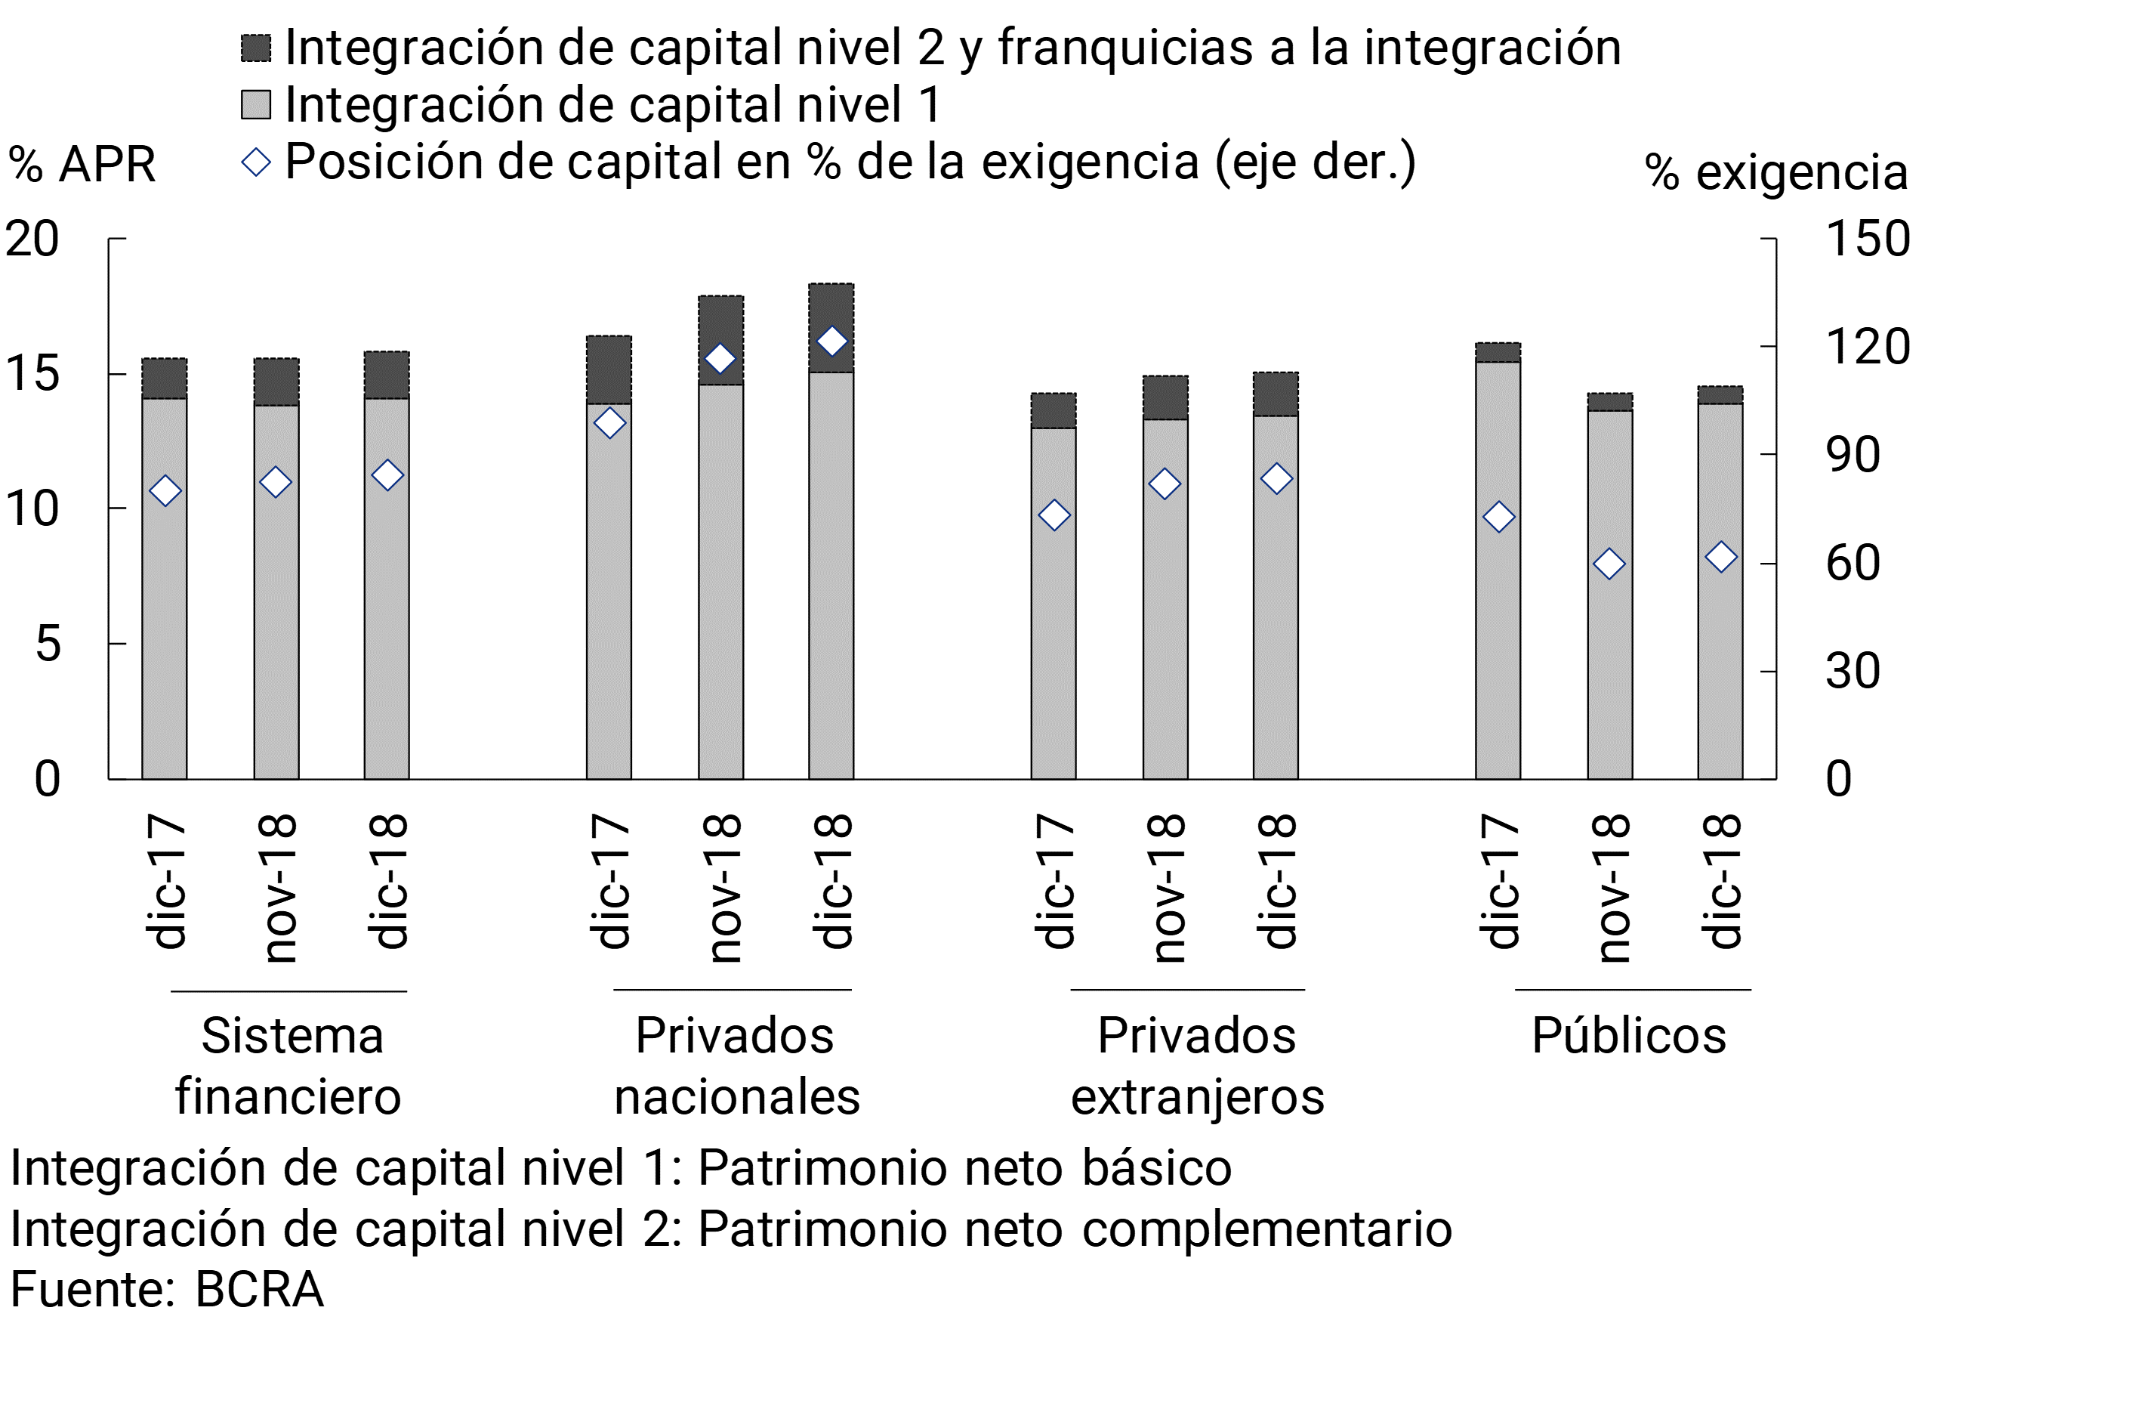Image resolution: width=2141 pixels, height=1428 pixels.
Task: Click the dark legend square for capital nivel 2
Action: coord(256,48)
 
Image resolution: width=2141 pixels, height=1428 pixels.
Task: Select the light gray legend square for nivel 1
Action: coord(256,105)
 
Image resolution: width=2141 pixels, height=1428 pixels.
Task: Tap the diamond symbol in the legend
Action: coord(256,163)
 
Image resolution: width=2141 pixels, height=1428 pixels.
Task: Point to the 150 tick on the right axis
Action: coord(1868,240)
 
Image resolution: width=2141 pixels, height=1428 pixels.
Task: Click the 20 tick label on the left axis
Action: coord(32,240)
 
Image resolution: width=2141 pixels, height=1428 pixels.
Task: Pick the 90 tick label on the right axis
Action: coord(1853,456)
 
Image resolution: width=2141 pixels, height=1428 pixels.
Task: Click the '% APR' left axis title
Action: coord(82,165)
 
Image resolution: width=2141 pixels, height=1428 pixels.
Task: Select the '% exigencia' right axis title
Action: coord(1776,172)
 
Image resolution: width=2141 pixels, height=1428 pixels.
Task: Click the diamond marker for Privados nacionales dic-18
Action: coord(831,342)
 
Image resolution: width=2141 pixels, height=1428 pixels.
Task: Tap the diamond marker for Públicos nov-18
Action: coord(1609,564)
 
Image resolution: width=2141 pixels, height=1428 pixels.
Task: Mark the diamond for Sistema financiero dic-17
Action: coord(165,492)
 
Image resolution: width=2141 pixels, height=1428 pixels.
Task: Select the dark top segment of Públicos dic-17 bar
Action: coord(1498,352)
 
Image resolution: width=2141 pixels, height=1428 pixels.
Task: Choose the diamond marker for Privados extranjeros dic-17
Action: coord(1054,515)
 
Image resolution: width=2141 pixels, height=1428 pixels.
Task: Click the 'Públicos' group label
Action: coord(1628,1037)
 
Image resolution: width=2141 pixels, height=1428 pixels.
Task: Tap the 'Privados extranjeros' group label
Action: coord(1197,1065)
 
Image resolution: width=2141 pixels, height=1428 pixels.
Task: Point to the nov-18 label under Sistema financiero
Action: coord(276,888)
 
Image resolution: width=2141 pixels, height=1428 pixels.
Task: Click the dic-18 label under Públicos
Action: coord(1721,882)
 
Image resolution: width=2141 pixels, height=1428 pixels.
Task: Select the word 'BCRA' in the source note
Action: coord(260,1290)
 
